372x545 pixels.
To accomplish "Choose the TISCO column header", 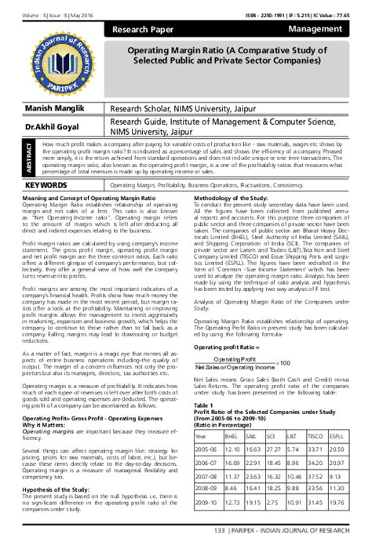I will tap(315, 436).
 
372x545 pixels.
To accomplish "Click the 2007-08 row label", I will tap(205, 476).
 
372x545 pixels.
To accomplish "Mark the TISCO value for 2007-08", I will tap(315, 476).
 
